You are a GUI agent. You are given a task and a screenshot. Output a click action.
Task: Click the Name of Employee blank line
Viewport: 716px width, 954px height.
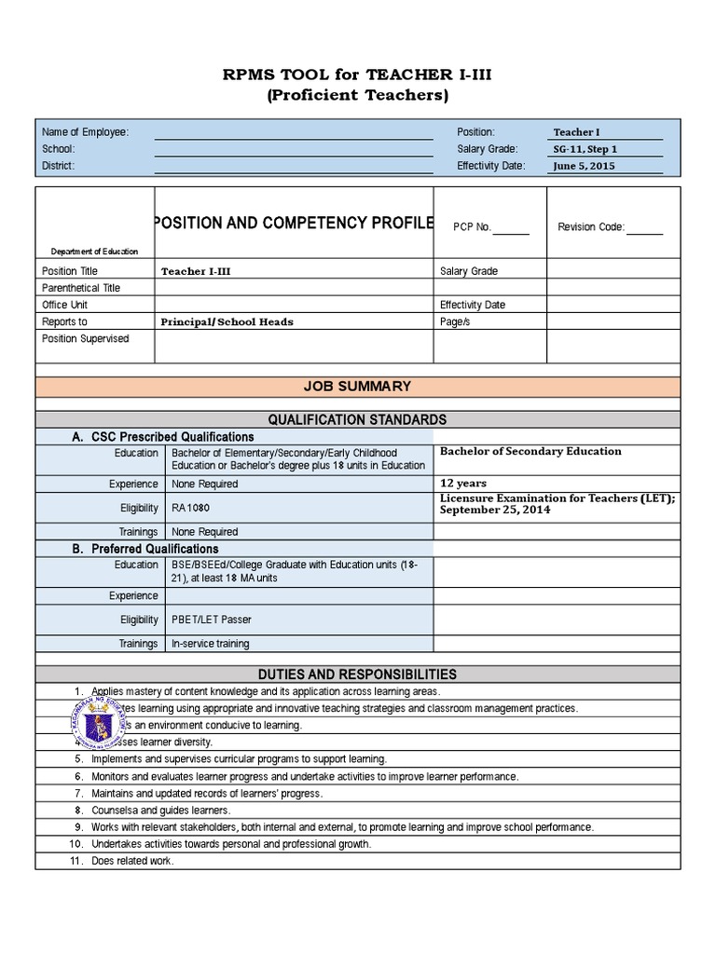pyautogui.click(x=293, y=132)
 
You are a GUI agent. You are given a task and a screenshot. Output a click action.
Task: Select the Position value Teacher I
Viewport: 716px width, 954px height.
pyautogui.click(x=584, y=132)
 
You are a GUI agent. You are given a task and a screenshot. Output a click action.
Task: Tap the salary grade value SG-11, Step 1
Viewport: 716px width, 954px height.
pyautogui.click(x=585, y=149)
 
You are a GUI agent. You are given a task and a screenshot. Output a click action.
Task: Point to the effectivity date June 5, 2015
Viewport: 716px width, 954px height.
pyautogui.click(x=584, y=166)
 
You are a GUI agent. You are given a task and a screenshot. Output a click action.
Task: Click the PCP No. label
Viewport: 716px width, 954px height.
pyautogui.click(x=472, y=226)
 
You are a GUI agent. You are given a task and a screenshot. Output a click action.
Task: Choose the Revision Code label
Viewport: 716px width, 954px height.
pyautogui.click(x=591, y=226)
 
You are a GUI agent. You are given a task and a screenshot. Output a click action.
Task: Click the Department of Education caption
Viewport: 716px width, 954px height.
pyautogui.click(x=94, y=251)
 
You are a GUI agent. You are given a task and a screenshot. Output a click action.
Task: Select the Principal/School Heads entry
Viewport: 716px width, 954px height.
pyautogui.click(x=227, y=321)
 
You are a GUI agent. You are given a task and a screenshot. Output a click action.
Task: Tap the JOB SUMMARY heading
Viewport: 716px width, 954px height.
pyautogui.click(x=359, y=387)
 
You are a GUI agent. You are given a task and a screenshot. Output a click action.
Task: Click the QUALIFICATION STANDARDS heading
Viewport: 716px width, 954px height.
pyautogui.click(x=359, y=419)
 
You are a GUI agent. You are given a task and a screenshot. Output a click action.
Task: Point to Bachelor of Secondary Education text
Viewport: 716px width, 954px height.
pyautogui.click(x=530, y=451)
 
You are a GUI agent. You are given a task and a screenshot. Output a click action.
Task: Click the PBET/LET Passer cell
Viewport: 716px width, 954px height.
pyautogui.click(x=211, y=619)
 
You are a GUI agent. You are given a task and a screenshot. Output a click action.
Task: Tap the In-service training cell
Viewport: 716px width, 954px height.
pyautogui.click(x=210, y=643)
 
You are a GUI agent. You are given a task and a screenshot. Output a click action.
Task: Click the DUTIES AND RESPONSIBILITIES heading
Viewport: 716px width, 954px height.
pyautogui.click(x=359, y=674)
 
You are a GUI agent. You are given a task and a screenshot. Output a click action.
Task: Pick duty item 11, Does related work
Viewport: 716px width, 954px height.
pyautogui.click(x=132, y=860)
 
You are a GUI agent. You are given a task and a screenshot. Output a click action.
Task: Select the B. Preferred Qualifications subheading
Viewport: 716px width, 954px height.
pyautogui.click(x=145, y=549)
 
